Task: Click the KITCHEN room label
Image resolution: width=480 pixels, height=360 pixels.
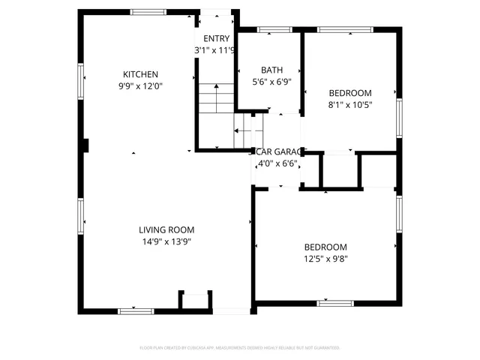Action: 140,74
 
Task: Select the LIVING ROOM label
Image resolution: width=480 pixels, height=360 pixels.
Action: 166,230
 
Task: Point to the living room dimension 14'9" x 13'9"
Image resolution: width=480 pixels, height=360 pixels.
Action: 166,241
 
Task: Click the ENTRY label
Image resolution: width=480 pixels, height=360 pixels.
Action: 217,39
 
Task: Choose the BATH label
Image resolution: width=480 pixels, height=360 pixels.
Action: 271,70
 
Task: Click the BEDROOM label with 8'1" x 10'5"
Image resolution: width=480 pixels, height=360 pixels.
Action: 350,94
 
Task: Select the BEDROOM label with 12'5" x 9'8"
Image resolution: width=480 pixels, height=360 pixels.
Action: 325,247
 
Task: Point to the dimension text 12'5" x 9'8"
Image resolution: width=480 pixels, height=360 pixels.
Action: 325,259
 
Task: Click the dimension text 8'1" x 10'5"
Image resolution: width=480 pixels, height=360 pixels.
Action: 350,105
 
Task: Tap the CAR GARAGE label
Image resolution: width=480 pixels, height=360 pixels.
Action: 277,151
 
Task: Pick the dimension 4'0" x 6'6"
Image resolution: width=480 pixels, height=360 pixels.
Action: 277,163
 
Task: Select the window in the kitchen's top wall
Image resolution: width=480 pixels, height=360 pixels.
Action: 148,12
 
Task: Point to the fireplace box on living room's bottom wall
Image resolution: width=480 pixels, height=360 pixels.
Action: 194,300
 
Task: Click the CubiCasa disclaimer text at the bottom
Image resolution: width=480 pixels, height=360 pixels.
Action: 240,348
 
